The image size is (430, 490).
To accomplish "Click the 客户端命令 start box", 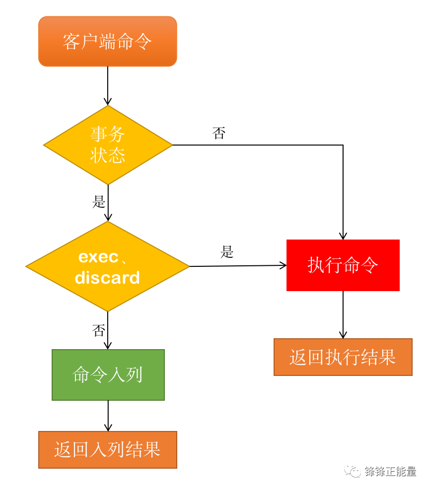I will coord(107,42).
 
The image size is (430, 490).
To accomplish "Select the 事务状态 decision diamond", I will coord(108,145).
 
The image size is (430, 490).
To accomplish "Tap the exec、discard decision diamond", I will coord(107,267).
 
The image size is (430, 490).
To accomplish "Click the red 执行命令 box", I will coord(343,265).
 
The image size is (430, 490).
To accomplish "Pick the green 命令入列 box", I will coord(108,375).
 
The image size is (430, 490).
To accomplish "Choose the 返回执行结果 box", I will coord(343,357).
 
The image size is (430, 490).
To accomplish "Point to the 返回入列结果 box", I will coord(107,450).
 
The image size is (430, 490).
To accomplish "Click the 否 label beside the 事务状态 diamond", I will coord(219,133).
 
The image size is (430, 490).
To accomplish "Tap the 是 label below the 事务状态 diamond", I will coord(99,202).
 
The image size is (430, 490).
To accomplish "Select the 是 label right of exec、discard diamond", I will coord(227,252).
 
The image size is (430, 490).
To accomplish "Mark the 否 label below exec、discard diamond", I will coord(99,330).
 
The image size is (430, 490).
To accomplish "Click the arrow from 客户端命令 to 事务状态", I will coord(108,85).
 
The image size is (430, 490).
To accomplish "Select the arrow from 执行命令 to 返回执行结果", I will coord(343,314).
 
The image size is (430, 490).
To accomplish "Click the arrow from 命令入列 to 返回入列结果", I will coord(108,416).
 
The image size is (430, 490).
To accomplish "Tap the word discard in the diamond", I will coord(107,278).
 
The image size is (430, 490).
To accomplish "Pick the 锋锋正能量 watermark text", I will coord(390,472).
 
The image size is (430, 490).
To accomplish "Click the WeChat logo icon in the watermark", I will coord(353,472).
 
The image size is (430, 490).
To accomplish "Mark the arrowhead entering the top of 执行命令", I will coord(343,236).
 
